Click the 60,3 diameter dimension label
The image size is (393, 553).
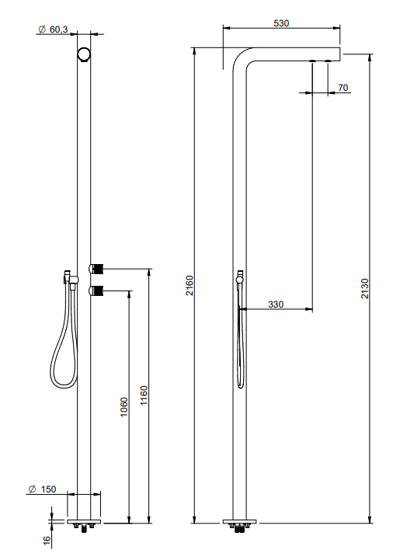click(58, 29)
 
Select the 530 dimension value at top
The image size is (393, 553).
click(281, 23)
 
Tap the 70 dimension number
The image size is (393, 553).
click(343, 88)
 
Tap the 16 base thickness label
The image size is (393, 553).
click(46, 538)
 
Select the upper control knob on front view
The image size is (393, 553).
click(97, 269)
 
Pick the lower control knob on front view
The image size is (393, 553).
click(97, 292)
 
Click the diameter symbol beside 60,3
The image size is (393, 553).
click(40, 29)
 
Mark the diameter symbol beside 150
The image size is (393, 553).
click(31, 489)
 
